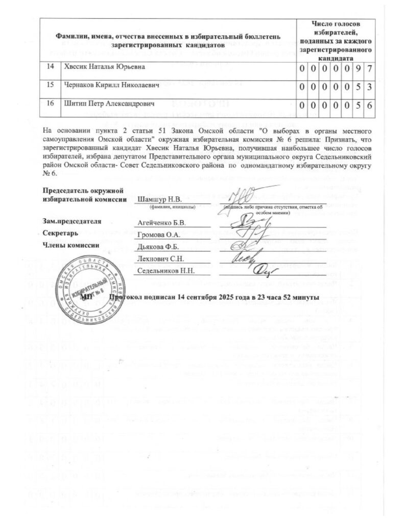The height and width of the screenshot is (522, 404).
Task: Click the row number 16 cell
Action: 50,104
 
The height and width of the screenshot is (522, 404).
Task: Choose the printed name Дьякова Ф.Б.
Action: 158,247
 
